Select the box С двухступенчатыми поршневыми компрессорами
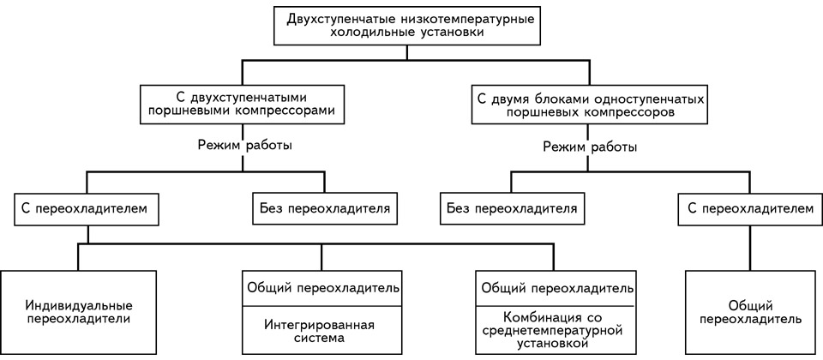coord(243,105)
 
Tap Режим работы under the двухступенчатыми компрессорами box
coord(244,145)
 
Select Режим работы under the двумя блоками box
coord(590,147)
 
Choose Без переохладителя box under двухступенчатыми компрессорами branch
coord(324,209)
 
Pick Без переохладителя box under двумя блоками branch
coord(512,209)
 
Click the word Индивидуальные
coord(78,305)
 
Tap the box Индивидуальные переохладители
coord(78,312)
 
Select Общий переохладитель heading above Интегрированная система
coord(321,289)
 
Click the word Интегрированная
coord(320,324)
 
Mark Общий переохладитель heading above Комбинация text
coord(556,289)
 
